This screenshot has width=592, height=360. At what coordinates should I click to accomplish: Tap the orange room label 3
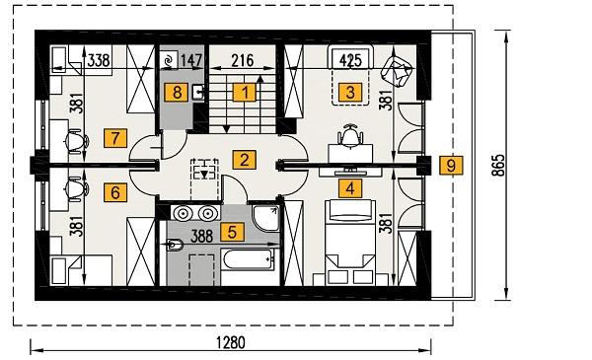(x=348, y=93)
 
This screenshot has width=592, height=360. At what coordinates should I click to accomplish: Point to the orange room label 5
(x=231, y=233)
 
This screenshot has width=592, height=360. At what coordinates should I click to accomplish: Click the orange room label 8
(x=178, y=93)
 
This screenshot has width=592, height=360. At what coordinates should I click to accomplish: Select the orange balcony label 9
(x=450, y=165)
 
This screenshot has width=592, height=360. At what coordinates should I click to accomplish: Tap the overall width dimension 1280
(x=233, y=343)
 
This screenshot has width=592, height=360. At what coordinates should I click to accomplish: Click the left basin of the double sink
(x=182, y=212)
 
